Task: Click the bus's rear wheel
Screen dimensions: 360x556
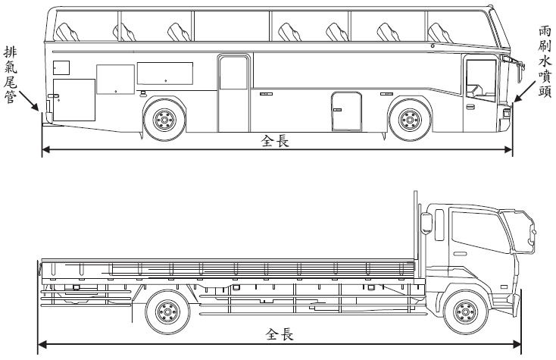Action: tap(164, 120)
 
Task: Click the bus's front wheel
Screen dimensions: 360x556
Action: tap(408, 120)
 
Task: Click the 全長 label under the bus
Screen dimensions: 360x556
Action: tap(275, 141)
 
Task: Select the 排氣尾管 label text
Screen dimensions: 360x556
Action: tap(10, 76)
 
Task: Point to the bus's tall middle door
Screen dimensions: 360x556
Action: tap(233, 92)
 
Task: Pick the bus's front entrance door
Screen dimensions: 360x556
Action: tap(479, 94)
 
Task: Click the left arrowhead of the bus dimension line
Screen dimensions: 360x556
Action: tap(45, 149)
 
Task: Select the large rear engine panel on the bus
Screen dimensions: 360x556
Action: tap(74, 99)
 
